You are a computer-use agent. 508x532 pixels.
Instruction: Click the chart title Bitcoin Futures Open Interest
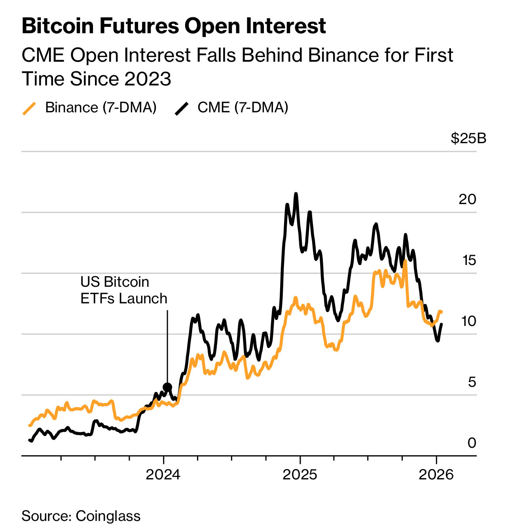(174, 26)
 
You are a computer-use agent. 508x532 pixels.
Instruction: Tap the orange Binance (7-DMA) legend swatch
(29, 108)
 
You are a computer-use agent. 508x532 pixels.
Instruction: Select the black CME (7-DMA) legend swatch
(182, 108)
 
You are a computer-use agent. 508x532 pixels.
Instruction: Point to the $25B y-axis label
(468, 138)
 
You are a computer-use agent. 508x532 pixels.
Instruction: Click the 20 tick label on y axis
(467, 199)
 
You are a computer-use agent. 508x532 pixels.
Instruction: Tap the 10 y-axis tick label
(468, 321)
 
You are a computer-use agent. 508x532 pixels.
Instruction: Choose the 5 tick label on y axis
(472, 382)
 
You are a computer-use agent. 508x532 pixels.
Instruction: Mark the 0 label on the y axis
(472, 443)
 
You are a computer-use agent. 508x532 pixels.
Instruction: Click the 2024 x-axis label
(163, 474)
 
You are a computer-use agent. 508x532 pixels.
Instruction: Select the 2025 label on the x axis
(300, 474)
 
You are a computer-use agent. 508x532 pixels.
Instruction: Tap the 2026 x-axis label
(436, 474)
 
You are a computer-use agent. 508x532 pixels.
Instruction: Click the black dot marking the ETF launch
(167, 387)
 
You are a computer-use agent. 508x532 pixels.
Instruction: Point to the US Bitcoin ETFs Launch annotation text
(123, 290)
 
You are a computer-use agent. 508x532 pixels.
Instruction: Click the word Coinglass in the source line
(108, 516)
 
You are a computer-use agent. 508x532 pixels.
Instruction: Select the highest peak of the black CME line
(296, 194)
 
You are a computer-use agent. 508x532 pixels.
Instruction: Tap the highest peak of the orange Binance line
(405, 261)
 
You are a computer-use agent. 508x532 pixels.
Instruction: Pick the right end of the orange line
(442, 312)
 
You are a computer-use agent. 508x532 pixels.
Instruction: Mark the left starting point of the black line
(30, 440)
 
